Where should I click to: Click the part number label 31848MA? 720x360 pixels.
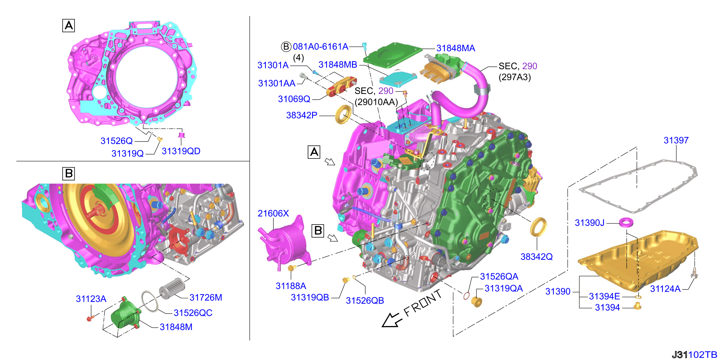tap(456, 48)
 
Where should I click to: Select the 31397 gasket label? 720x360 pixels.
tap(676, 140)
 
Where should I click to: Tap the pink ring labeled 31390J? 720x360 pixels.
tap(626, 222)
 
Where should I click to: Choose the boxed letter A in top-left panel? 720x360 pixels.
tap(68, 26)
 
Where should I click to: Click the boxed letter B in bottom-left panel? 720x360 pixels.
tap(68, 174)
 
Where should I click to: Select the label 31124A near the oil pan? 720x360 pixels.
tap(665, 289)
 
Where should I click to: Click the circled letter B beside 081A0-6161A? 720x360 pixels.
tap(286, 46)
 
